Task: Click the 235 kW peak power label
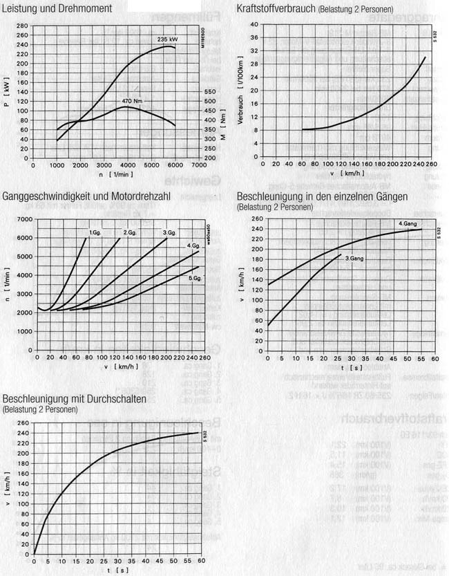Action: click(x=168, y=39)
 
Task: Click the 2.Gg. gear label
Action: click(x=131, y=232)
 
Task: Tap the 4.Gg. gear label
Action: click(x=193, y=246)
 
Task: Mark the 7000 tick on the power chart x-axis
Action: click(x=199, y=166)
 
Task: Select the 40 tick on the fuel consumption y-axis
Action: click(x=254, y=24)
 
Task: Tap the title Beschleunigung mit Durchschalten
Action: click(x=79, y=400)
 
